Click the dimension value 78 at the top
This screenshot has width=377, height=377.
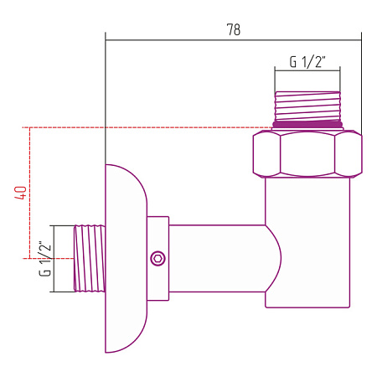pos(234,29)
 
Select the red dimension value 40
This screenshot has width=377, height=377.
pos(21,193)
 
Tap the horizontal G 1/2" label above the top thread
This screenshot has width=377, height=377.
pos(307,62)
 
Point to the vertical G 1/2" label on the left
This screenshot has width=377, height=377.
pos(45,259)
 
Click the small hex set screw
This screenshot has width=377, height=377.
pos(158,258)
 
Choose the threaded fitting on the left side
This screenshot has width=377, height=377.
pos(90,259)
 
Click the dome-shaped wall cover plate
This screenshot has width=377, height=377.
pos(126,259)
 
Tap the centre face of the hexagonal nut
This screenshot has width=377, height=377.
pos(307,154)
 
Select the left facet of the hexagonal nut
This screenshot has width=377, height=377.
pos(266,154)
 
